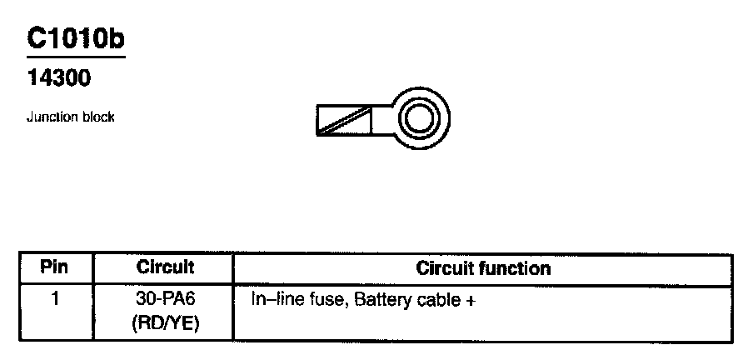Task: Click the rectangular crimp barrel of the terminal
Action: [346, 120]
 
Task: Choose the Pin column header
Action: [54, 268]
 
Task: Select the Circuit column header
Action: [165, 268]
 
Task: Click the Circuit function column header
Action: [483, 268]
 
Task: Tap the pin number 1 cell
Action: [55, 297]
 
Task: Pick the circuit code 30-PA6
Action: [165, 297]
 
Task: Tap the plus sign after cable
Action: [471, 298]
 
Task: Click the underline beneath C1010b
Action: [76, 57]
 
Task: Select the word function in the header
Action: [517, 268]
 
